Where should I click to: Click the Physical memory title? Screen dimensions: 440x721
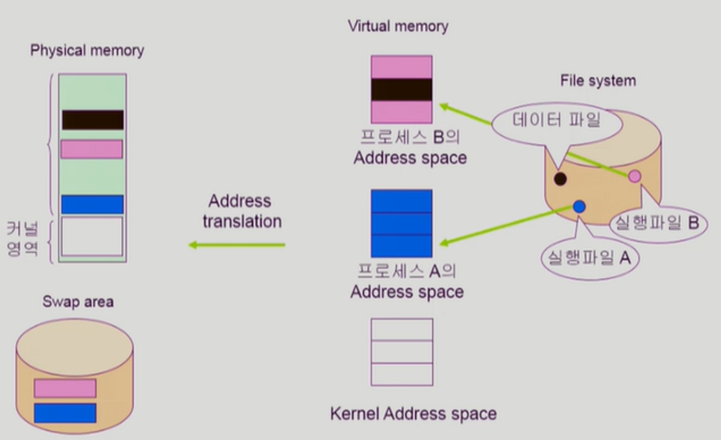[87, 50]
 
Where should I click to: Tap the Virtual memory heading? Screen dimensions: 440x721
[398, 26]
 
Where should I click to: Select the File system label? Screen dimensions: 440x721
[598, 81]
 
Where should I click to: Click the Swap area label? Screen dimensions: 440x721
[78, 302]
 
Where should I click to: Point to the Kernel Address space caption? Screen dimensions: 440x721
[413, 414]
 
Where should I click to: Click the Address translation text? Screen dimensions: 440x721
[242, 211]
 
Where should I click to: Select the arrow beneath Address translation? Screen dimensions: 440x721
[237, 245]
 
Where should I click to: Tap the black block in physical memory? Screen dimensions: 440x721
[93, 120]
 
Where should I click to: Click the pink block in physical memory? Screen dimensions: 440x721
[92, 149]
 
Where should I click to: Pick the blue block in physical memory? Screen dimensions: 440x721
[92, 204]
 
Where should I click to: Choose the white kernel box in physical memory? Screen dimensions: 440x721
[92, 236]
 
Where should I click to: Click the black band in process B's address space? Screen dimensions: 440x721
[402, 89]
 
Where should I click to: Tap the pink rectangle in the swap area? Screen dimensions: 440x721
[65, 388]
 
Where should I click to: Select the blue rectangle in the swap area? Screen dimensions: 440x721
[65, 413]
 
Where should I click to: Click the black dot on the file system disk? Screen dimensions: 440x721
[560, 179]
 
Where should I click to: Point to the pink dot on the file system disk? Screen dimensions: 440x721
[634, 176]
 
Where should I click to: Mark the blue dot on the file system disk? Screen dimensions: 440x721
[579, 207]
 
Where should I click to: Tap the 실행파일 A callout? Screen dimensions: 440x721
[590, 258]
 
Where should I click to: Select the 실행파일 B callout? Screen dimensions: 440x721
[658, 223]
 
